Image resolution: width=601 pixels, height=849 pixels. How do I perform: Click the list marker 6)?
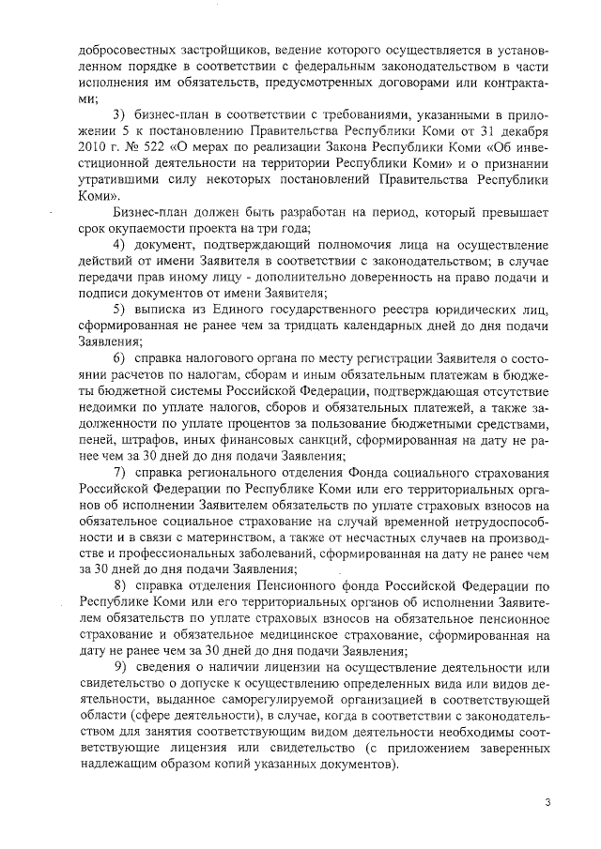[x=119, y=359]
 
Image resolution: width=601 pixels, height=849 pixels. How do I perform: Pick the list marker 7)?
[x=119, y=470]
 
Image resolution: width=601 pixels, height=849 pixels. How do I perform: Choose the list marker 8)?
[x=119, y=584]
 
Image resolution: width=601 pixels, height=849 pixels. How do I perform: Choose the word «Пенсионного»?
[x=296, y=584]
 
